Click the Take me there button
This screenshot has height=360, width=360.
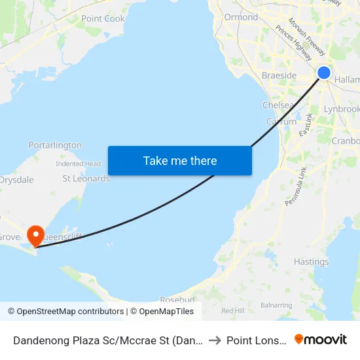[x=180, y=160]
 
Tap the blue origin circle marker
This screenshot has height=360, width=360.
[x=323, y=73]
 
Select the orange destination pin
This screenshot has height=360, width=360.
[x=35, y=236]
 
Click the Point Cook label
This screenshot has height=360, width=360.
[x=103, y=19]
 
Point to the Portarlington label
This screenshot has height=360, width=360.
[x=55, y=145]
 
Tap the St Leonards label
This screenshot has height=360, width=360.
[x=86, y=178]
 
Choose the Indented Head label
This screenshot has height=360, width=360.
[x=78, y=164]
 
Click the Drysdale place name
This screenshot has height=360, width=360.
[x=16, y=179]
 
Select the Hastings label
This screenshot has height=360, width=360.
[x=311, y=262]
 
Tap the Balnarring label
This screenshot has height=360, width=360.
[x=276, y=305]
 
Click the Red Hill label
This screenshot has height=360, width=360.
[x=232, y=310]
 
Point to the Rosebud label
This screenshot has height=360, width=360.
[x=177, y=300]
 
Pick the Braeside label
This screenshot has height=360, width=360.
[x=279, y=75]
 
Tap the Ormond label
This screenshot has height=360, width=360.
[x=241, y=17]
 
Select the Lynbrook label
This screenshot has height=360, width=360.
[x=342, y=109]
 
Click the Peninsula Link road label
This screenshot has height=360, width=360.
[x=295, y=187]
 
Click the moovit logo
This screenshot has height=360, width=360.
[x=320, y=339]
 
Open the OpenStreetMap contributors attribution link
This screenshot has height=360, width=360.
[x=70, y=312]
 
